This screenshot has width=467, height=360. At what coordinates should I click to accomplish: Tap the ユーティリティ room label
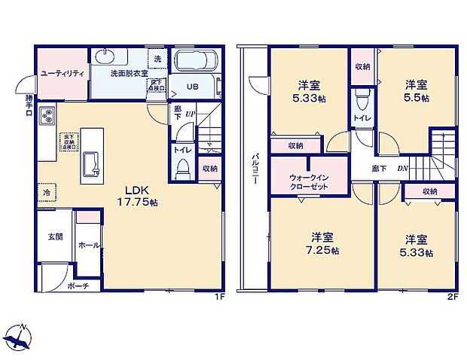[x=61, y=73]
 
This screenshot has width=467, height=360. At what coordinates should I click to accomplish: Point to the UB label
[x=192, y=87]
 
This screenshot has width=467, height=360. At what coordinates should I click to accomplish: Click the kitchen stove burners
[x=46, y=117]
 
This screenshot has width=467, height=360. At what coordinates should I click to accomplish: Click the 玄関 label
[x=55, y=236]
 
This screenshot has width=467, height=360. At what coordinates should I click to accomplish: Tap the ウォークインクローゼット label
[x=308, y=181]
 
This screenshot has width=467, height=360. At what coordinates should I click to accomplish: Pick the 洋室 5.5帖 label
[x=415, y=90]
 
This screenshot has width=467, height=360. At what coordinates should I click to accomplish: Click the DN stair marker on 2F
[x=402, y=169]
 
